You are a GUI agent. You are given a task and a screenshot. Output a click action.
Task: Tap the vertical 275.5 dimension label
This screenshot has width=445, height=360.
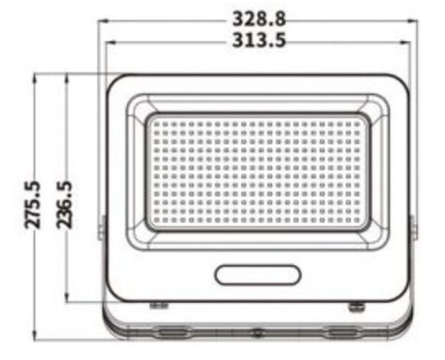point(33,206)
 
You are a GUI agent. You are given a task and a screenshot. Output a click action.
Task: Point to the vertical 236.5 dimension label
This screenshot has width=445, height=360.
point(66,204)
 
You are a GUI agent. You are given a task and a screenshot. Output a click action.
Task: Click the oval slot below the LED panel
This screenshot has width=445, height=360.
point(258,274)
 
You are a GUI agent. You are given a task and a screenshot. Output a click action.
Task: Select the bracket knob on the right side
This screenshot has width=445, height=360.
point(414,227)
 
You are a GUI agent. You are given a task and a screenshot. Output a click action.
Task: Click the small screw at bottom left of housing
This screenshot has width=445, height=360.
point(159,305)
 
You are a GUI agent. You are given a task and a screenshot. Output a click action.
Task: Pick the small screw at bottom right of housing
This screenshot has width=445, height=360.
point(355,305)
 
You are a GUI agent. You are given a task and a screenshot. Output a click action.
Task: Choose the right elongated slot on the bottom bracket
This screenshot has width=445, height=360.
point(343,330)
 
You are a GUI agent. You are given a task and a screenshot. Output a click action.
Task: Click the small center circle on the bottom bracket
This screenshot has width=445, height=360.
point(257,332)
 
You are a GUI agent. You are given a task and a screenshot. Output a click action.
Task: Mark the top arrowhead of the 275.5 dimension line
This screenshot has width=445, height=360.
point(35,78)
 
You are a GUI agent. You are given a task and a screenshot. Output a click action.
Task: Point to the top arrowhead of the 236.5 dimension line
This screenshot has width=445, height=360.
point(67,78)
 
